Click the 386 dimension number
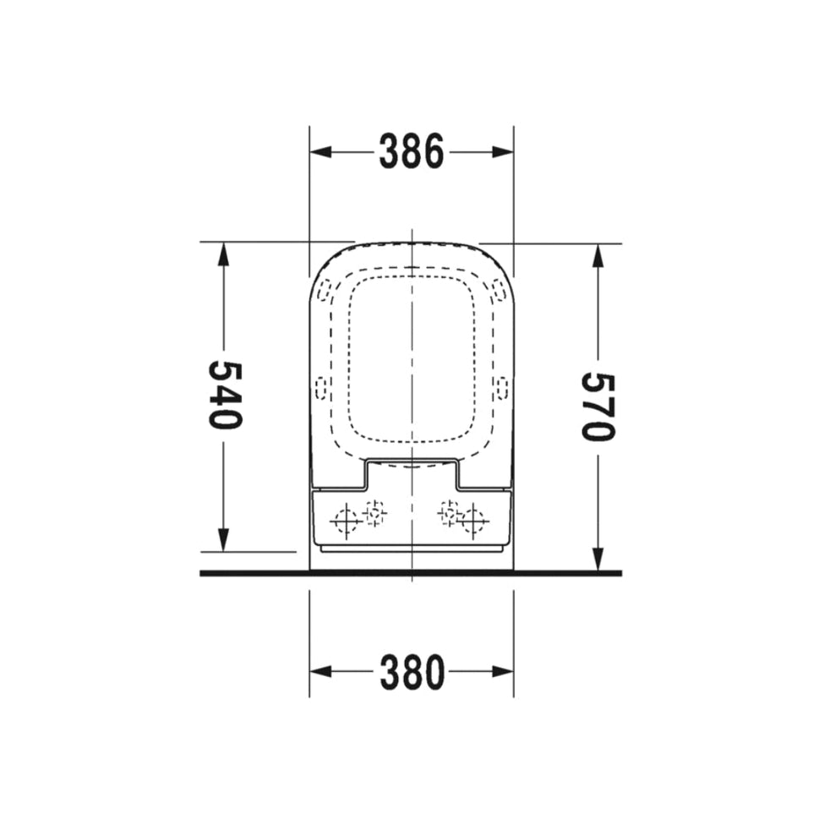[412, 151]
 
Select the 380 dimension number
[412, 672]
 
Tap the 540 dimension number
[226, 395]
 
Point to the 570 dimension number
[599, 407]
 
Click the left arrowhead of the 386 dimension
[320, 152]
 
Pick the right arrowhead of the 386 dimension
[503, 152]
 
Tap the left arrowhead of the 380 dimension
[320, 672]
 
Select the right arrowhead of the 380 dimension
[503, 672]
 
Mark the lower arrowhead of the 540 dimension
[223, 540]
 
